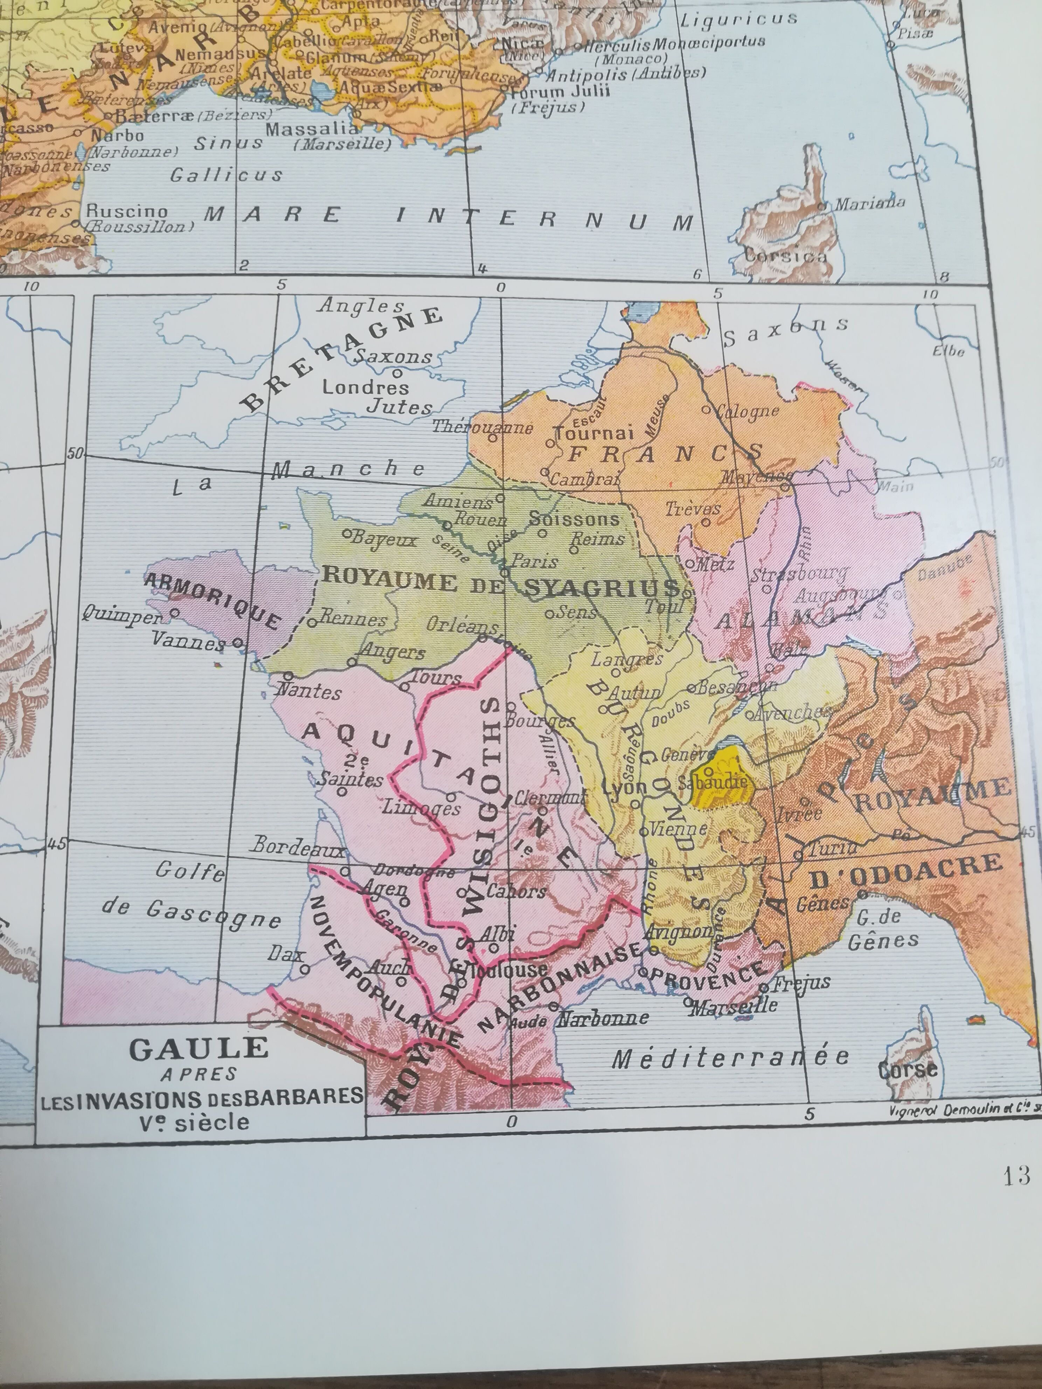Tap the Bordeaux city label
(299, 848)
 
